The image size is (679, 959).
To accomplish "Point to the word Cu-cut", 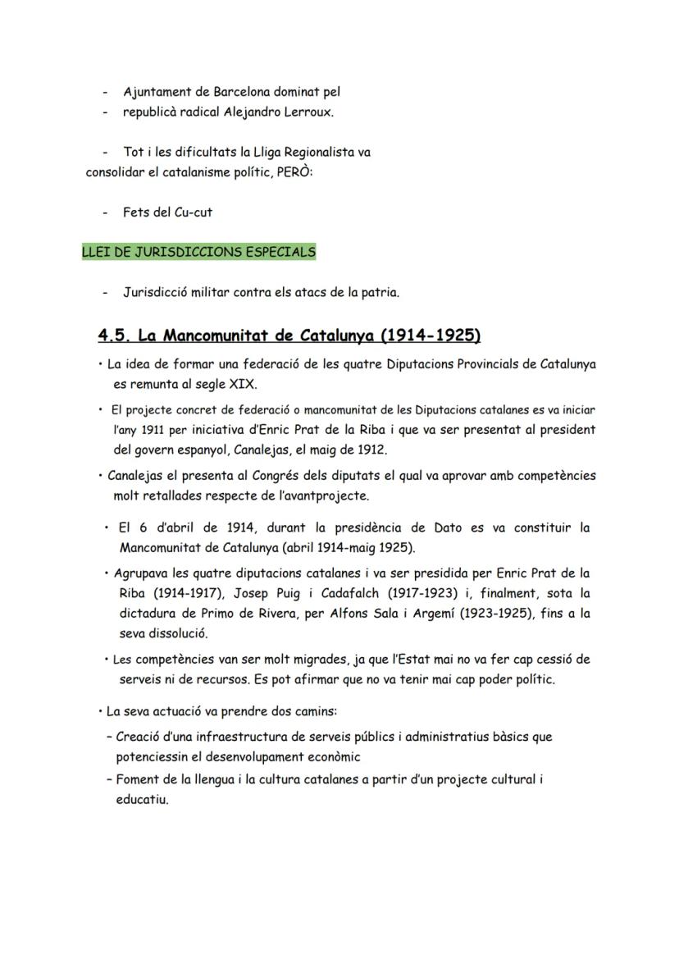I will [194, 212].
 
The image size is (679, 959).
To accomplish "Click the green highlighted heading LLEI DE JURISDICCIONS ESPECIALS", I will [198, 252].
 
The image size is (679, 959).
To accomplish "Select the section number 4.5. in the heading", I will [115, 336].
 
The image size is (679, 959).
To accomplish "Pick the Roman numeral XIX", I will [239, 384].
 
